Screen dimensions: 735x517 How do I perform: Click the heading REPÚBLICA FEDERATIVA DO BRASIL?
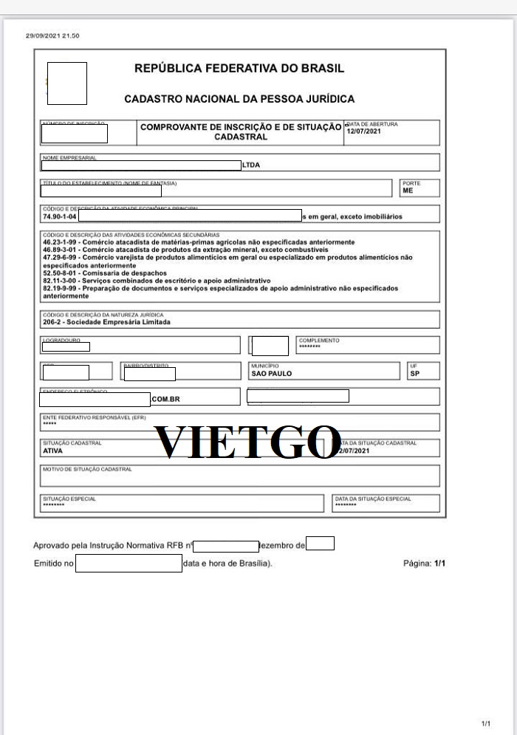239,69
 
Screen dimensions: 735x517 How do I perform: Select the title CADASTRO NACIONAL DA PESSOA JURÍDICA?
239,99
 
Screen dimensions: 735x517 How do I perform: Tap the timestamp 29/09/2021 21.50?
52,35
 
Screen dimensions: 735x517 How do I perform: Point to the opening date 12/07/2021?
363,131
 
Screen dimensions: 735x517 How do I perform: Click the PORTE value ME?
408,191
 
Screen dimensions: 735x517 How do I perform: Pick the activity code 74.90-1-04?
60,216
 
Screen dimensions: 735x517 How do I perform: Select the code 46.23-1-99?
60,242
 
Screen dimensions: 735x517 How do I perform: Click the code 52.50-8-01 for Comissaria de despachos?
60,273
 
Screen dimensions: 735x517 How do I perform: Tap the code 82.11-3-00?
60,281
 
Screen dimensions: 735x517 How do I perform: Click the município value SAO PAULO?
271,374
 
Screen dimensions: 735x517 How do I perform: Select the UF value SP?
414,374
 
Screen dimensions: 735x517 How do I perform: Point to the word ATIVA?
53,450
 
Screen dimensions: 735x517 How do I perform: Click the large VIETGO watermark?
247,442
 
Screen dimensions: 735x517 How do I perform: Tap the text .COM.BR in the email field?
166,400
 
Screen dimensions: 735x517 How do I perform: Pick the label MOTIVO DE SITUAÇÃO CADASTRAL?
87,469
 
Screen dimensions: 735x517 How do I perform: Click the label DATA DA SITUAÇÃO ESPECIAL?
373,499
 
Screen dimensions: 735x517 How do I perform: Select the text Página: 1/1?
425,564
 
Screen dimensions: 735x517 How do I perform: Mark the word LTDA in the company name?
251,165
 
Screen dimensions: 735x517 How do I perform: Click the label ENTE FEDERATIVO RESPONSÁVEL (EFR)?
83,417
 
